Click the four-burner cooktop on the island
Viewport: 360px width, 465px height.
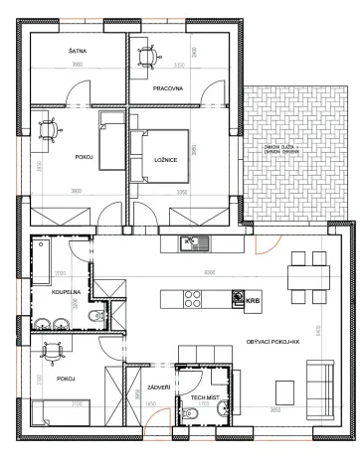click(x=190, y=298)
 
